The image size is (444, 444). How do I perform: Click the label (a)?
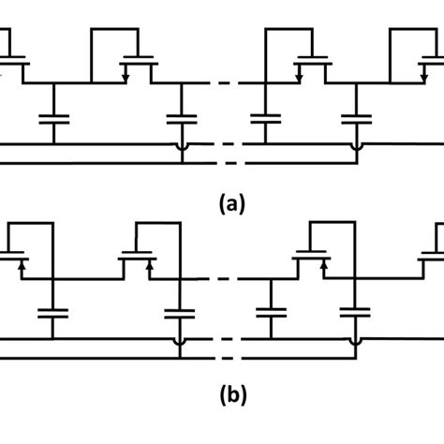point(229,203)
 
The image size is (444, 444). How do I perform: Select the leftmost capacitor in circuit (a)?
point(52,120)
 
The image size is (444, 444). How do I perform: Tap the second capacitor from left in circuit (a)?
point(179,120)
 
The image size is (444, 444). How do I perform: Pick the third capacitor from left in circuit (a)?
point(267,120)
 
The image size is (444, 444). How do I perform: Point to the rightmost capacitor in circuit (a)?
point(355,120)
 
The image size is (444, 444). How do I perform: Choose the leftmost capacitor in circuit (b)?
point(52,314)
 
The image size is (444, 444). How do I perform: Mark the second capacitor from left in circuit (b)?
point(179,314)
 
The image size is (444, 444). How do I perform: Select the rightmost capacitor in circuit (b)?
point(355,314)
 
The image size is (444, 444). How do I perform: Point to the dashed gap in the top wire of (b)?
point(229,279)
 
